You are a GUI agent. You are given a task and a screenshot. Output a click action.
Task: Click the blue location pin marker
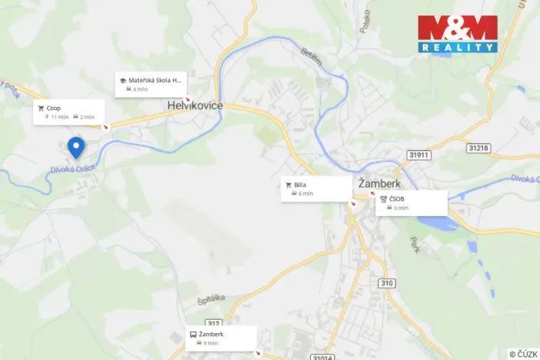(75, 145)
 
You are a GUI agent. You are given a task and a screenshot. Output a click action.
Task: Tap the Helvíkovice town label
(196, 105)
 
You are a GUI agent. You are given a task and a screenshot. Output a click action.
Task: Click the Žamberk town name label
(380, 183)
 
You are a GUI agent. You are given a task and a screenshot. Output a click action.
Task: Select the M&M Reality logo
(458, 34)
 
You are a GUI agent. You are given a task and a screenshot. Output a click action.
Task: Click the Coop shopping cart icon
(41, 108)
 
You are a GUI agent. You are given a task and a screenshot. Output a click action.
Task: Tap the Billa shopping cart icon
(288, 185)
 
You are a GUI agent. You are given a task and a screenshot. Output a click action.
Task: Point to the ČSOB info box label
(397, 198)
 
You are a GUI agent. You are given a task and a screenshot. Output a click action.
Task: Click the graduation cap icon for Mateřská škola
(122, 80)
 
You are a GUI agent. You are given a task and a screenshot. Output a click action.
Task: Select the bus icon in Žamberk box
(192, 335)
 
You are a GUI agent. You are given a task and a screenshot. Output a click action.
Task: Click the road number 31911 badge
(419, 155)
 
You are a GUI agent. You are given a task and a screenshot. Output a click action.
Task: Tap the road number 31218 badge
(478, 147)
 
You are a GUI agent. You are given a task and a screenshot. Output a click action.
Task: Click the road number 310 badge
(386, 284)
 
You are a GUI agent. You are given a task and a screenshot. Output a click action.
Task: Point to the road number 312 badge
(214, 323)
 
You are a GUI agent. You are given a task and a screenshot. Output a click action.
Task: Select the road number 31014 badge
(323, 356)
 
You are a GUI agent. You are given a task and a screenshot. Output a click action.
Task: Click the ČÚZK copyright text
(523, 354)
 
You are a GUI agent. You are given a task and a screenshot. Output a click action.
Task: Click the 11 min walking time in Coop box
(59, 117)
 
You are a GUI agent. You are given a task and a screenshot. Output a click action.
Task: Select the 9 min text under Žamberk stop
(210, 343)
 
